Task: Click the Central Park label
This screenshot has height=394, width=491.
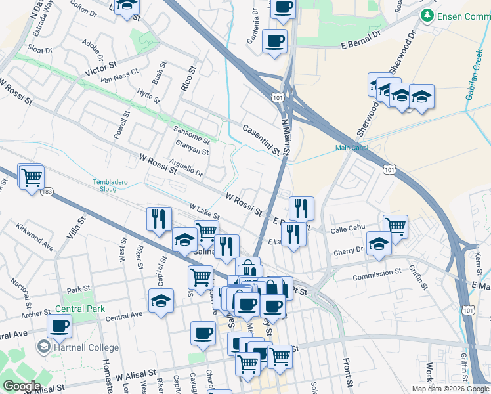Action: point(80,309)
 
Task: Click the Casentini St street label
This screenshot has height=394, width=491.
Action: point(261,140)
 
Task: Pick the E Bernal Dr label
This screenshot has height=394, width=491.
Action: point(361,44)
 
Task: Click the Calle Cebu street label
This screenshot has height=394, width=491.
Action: point(347,230)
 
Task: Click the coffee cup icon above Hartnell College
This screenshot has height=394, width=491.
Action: point(59,325)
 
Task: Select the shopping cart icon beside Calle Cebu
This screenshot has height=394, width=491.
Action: point(395,227)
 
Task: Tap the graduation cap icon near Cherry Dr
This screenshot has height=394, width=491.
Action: point(379,244)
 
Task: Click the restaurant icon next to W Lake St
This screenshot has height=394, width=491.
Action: point(159,219)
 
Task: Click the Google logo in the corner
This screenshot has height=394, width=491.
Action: point(22,386)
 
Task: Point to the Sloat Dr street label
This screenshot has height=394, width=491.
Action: point(40,49)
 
